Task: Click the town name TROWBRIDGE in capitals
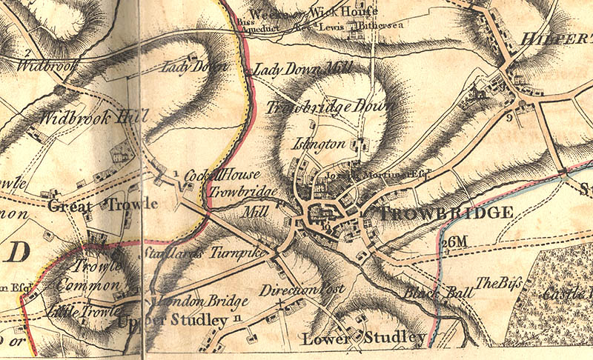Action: pos(446,213)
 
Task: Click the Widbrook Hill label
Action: pos(94,117)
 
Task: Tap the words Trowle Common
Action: pos(93,275)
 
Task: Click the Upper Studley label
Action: pos(172,321)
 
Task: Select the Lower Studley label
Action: pos(363,339)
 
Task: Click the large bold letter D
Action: pos(19,253)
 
